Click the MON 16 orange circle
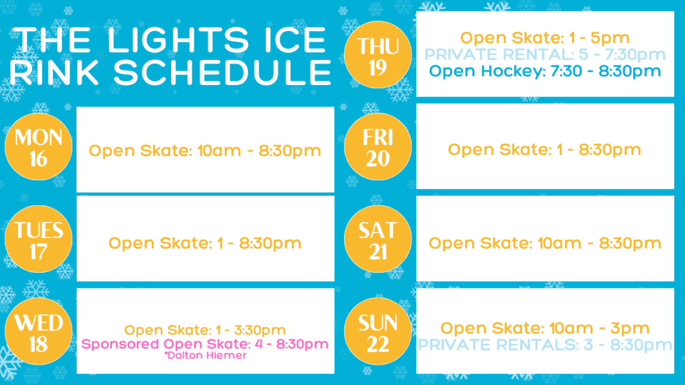[x=39, y=147]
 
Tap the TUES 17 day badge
[x=39, y=239]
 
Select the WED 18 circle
[x=39, y=331]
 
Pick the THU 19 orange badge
[x=378, y=55]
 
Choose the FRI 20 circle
[x=378, y=147]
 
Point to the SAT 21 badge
[x=378, y=239]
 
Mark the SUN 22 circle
[x=378, y=331]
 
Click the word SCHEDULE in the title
[x=223, y=72]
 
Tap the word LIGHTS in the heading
[x=178, y=40]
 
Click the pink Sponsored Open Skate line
[x=205, y=344]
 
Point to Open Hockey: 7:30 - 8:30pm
[x=545, y=71]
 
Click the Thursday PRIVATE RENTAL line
[x=545, y=55]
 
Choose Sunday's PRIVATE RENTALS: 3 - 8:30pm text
[x=545, y=345]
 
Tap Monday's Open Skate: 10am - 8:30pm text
[x=205, y=151]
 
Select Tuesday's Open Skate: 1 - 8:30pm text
[x=205, y=244]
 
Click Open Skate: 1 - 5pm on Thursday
[x=545, y=38]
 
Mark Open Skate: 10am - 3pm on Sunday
[x=545, y=329]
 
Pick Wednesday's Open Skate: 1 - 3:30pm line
[x=205, y=330]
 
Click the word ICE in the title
[x=295, y=40]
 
